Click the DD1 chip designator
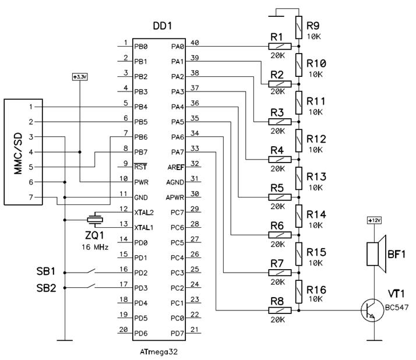pos(163,27)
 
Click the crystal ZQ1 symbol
pos(93,220)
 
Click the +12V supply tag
pos(373,220)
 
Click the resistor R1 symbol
pos(279,46)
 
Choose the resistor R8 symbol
pos(279,310)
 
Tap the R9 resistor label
pos(313,26)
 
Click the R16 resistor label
pos(316,290)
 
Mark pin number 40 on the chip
pos(195,43)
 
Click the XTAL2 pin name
pos(144,213)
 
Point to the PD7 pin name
pos(177,333)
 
